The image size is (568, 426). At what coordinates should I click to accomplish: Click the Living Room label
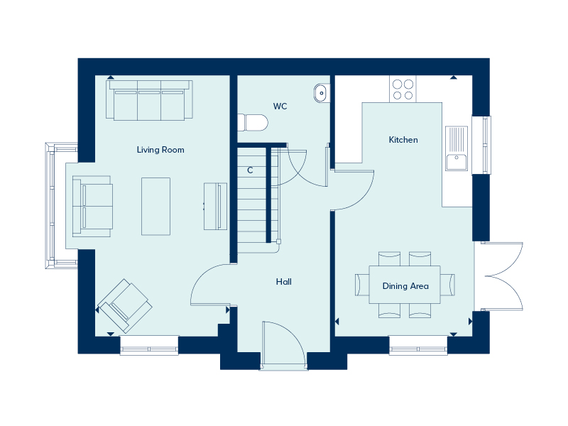tap(160, 150)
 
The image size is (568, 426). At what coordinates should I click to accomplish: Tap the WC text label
tap(280, 106)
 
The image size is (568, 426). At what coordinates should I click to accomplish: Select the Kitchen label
tap(403, 140)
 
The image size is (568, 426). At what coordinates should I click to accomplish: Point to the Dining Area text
tap(405, 286)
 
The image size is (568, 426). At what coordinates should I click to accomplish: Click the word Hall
tap(283, 282)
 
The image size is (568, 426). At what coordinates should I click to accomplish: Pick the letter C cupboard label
tap(250, 170)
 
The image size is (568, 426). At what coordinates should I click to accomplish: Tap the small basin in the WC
tap(321, 92)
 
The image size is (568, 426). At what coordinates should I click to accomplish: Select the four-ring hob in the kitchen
tap(403, 89)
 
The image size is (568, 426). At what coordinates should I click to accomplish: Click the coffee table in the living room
tap(156, 205)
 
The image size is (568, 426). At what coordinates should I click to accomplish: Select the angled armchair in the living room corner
tap(126, 306)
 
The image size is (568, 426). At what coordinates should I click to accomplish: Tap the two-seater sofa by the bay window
tap(92, 206)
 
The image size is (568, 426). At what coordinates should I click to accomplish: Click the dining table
tap(405, 284)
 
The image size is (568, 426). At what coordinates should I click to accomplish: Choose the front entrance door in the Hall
tap(283, 346)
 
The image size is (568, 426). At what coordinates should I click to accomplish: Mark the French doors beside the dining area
tap(503, 276)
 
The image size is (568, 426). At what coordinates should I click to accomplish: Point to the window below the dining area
tap(418, 349)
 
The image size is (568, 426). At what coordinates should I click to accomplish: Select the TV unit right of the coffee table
tap(215, 206)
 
